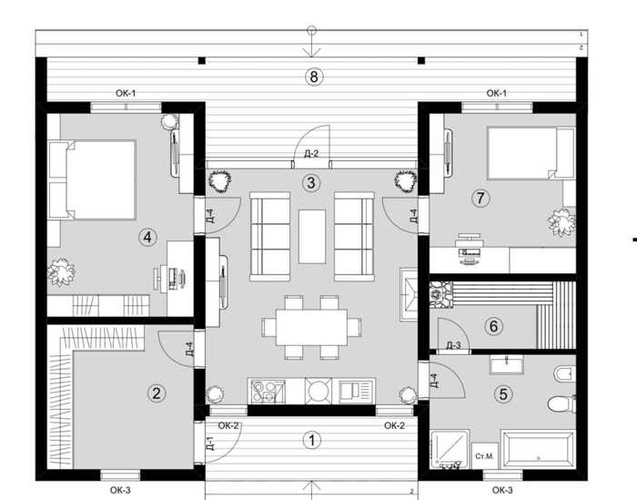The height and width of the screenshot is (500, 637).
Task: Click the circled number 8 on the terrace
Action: click(x=313, y=77)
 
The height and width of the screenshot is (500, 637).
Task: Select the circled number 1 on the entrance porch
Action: click(x=311, y=440)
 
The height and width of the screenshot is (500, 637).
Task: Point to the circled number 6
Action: click(x=493, y=325)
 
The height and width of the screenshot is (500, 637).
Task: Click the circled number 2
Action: click(x=157, y=393)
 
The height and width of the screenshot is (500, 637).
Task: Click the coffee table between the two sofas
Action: click(x=311, y=235)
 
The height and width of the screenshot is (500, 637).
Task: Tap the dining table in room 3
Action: click(x=311, y=326)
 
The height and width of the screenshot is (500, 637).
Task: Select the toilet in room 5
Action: click(x=559, y=403)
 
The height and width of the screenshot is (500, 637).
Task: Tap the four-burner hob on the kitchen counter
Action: click(x=267, y=392)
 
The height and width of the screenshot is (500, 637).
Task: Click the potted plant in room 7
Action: click(x=561, y=221)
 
